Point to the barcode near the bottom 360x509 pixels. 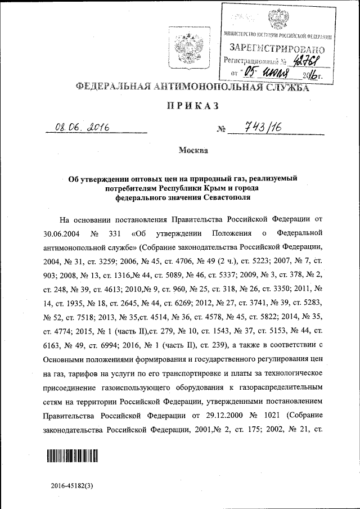(71, 456)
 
